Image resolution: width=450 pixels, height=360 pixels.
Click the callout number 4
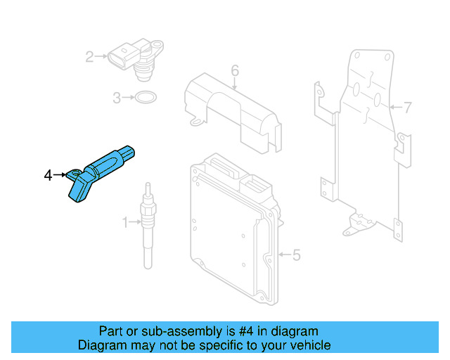click(x=48, y=175)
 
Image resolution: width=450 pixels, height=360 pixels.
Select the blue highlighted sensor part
click(x=105, y=169)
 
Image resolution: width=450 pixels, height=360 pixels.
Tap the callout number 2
click(x=89, y=56)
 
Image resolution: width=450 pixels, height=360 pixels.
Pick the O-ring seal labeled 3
click(x=146, y=97)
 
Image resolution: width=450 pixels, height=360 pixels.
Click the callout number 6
click(x=235, y=70)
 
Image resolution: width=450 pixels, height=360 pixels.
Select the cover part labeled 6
click(x=232, y=109)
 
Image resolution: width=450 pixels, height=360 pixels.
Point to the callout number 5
click(x=296, y=255)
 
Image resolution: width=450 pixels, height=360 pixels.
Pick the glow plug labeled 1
click(x=147, y=225)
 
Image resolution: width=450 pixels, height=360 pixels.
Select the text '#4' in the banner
click(x=247, y=331)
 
